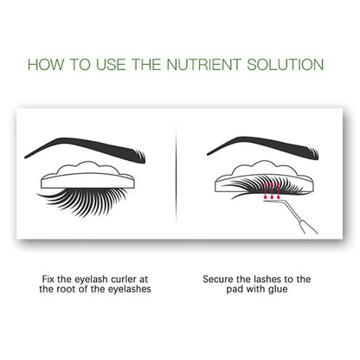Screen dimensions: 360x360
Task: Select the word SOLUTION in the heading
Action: coord(286,65)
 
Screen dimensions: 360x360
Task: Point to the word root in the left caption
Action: coord(71,291)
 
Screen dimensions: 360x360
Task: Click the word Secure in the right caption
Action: coord(219,280)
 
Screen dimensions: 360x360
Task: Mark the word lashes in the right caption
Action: coord(270,280)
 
